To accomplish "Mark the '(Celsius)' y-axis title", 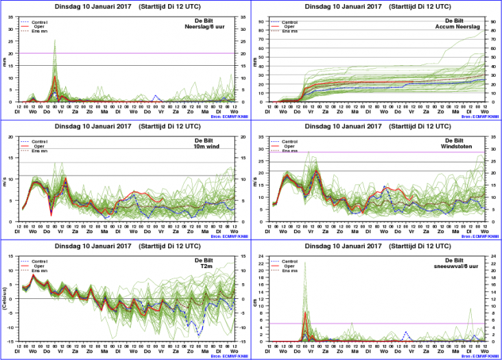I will pos(5,299).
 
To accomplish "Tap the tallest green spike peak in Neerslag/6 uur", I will pos(55,40).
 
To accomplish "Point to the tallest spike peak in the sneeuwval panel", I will pos(305,262).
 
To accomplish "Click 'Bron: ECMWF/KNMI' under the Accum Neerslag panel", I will pos(479,118).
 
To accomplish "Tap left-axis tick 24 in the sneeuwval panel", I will pos(267,256).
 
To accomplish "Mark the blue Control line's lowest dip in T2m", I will pos(199,335).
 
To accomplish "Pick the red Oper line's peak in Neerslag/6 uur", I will pos(55,77).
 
